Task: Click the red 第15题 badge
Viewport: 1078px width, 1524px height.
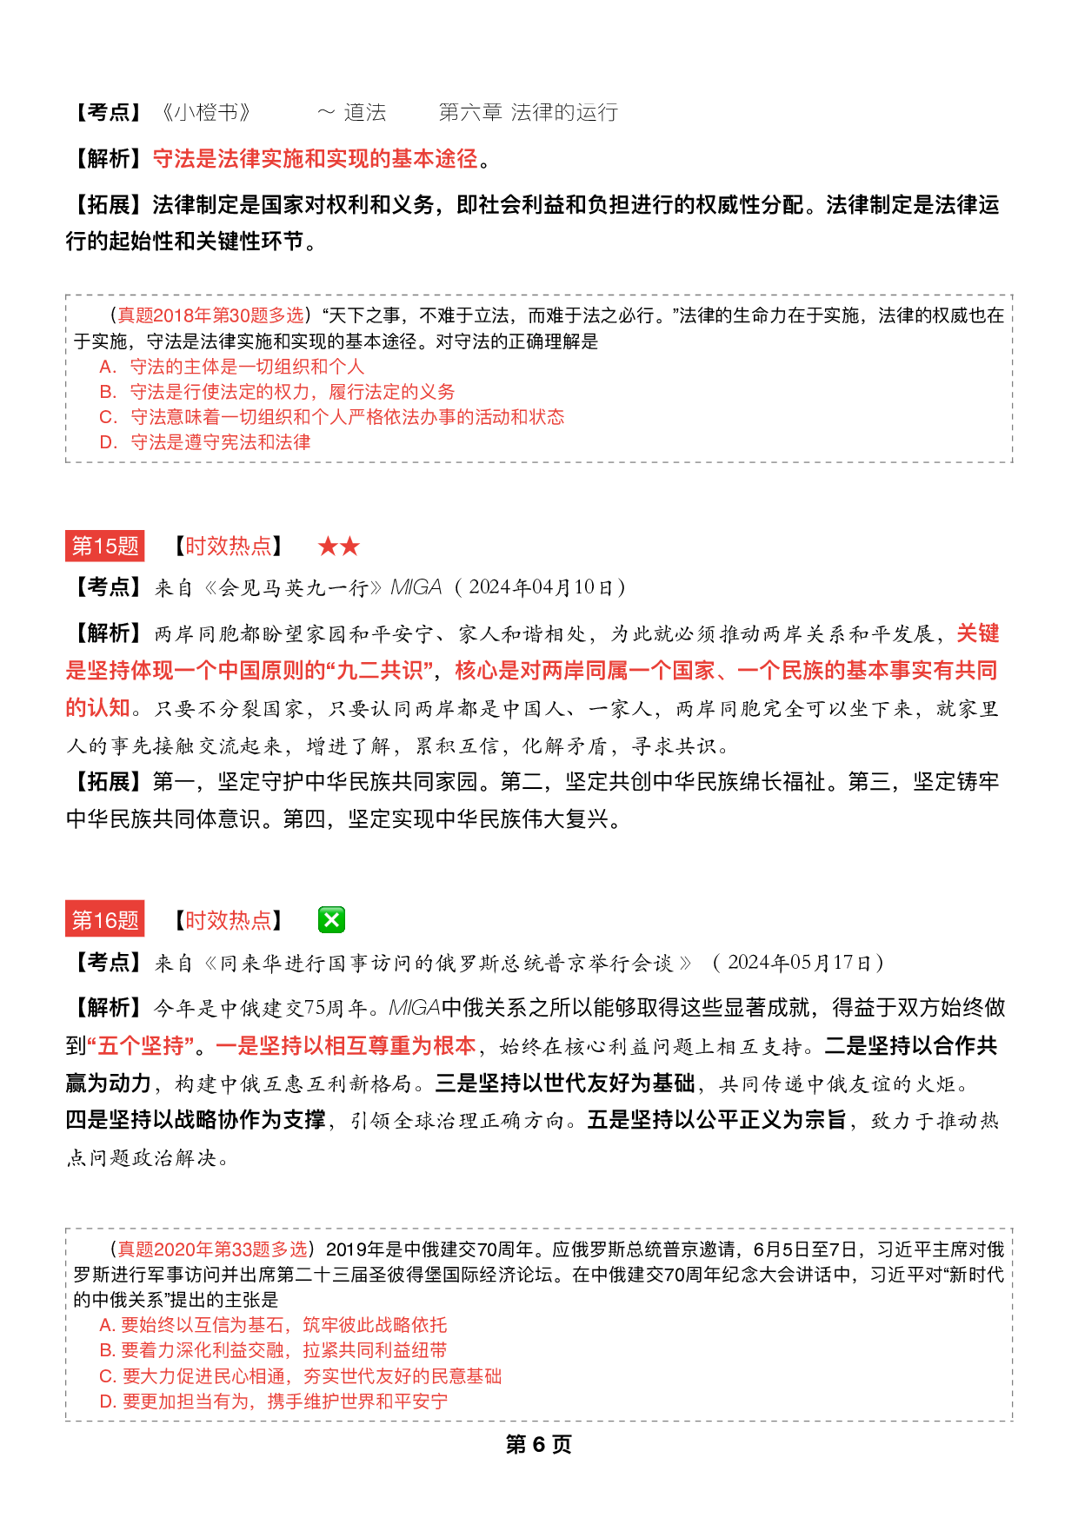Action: point(105,546)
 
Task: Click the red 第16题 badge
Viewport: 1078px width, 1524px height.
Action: point(105,920)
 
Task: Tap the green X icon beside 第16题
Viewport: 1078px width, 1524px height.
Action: point(331,919)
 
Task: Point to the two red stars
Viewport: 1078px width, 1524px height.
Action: point(338,547)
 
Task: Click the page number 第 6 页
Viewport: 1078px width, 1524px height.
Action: point(538,1444)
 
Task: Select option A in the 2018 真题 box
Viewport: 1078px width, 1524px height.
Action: point(231,367)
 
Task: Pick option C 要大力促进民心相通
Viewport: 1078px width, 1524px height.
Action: point(300,1376)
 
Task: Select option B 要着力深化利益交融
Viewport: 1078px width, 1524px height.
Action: point(273,1350)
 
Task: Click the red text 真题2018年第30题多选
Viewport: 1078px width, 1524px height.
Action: point(211,315)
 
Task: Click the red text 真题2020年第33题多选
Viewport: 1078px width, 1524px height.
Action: point(212,1249)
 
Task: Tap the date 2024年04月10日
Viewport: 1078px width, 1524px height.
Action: point(541,587)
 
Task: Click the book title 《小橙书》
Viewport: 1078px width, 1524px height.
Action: point(206,112)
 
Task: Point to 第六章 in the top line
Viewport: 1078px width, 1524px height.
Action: point(470,112)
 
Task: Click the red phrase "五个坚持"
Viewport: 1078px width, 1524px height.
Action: point(141,1045)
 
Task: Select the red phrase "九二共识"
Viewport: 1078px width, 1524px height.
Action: point(380,671)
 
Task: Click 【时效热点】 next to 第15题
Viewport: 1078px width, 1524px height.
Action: point(228,547)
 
